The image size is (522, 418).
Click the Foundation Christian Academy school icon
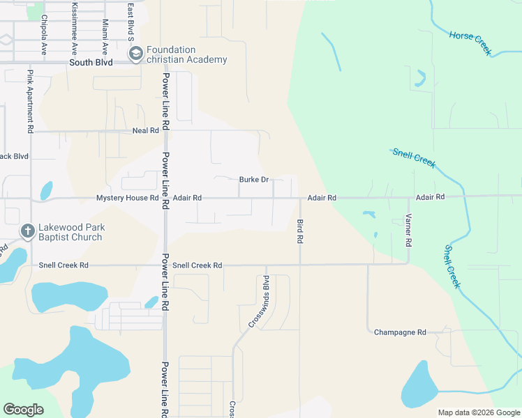click(x=135, y=53)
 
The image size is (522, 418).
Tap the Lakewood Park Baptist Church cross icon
click(x=27, y=231)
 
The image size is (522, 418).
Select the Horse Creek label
click(x=470, y=43)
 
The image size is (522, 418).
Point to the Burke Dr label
click(x=254, y=179)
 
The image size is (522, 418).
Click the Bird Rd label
click(x=300, y=231)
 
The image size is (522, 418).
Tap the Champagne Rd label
click(x=400, y=332)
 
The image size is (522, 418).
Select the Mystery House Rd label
click(x=128, y=198)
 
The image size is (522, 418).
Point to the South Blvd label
click(x=91, y=62)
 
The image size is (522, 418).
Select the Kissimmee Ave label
click(x=74, y=29)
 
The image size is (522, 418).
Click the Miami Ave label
click(x=105, y=38)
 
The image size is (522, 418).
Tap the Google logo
click(x=24, y=410)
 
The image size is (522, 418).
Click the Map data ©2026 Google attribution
click(x=478, y=412)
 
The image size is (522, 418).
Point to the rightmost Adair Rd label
click(x=430, y=197)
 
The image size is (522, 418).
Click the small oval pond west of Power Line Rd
click(x=46, y=190)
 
